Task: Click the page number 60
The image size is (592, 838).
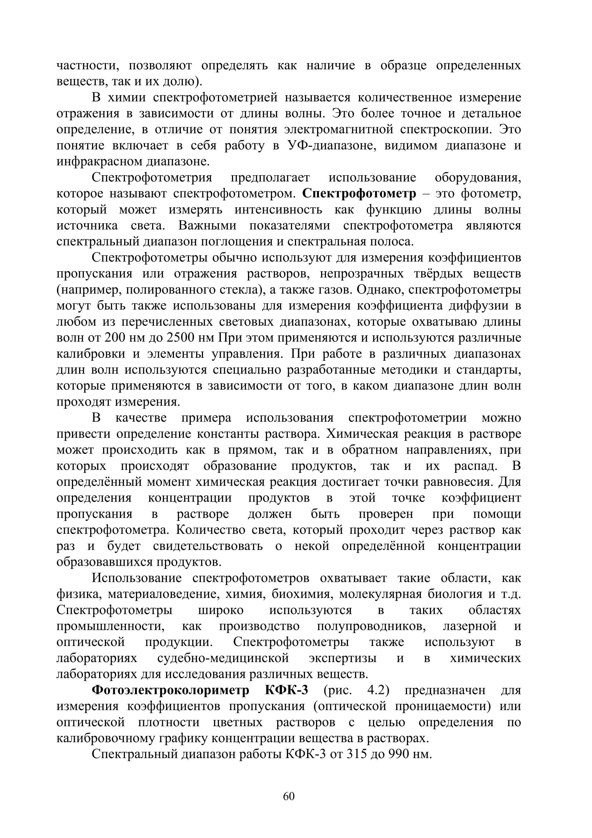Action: (289, 796)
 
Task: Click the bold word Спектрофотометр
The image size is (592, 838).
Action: (359, 193)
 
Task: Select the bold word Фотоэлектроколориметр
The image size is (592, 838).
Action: (171, 690)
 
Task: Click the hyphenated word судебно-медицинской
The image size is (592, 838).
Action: (223, 658)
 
